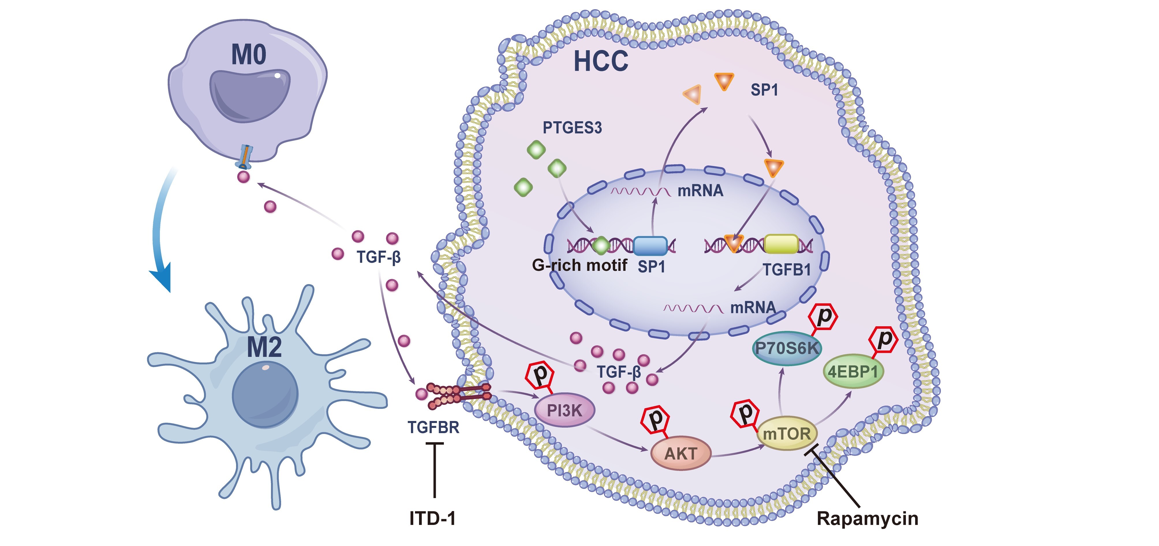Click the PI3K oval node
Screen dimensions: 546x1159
pos(564,411)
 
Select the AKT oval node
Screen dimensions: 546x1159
pos(681,453)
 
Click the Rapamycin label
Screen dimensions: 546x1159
pos(867,519)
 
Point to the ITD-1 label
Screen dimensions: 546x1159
pos(432,519)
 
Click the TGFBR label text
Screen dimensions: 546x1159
pos(433,427)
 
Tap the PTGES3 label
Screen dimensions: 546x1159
pos(572,128)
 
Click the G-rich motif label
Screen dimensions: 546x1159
pos(579,265)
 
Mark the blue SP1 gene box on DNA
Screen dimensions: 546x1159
pos(650,246)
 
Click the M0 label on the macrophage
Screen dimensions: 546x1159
pos(248,55)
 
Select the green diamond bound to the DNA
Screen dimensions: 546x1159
pos(601,245)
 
